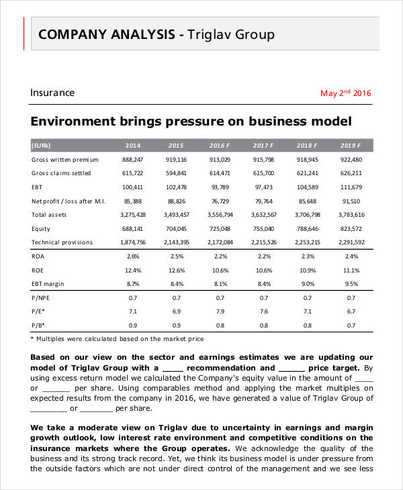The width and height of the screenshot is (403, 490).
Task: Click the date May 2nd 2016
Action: [345, 93]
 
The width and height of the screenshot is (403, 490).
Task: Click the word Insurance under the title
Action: [52, 93]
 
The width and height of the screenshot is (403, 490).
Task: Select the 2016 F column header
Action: [220, 145]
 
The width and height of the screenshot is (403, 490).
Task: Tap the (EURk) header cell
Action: [41, 145]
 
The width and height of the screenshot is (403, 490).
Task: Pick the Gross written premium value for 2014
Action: [132, 160]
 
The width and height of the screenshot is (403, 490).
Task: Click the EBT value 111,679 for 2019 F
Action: [351, 187]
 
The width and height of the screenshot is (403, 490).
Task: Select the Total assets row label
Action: [48, 215]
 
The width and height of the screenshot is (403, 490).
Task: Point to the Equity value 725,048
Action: [220, 228]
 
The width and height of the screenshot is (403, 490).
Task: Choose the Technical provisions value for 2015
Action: [176, 242]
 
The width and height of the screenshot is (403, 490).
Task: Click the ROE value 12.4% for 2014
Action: [132, 270]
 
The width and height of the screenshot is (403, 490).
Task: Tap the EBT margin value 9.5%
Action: [351, 284]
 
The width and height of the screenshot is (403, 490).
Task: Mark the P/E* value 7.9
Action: [220, 311]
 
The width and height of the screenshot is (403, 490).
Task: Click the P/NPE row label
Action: [42, 297]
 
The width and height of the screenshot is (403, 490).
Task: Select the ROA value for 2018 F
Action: [308, 256]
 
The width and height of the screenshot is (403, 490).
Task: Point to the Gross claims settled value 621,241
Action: [308, 173]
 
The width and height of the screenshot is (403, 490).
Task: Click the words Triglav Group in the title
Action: [231, 34]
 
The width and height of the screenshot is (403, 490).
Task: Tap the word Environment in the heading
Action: [71, 121]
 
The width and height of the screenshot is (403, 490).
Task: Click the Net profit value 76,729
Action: [220, 201]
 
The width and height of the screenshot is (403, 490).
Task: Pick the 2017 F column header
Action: [263, 145]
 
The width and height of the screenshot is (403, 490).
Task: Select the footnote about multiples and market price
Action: [118, 339]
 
